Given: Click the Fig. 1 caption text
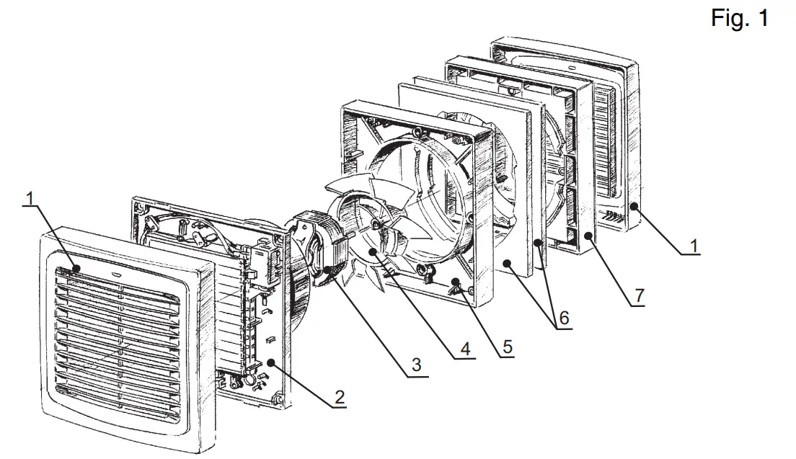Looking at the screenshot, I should (739, 19).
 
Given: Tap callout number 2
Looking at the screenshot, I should (339, 396).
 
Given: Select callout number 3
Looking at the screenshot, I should (416, 365).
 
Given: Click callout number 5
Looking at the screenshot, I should (508, 347).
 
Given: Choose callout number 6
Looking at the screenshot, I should (563, 318).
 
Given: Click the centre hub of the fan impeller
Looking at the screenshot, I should (376, 226).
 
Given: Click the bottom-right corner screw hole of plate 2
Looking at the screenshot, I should (276, 397).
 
